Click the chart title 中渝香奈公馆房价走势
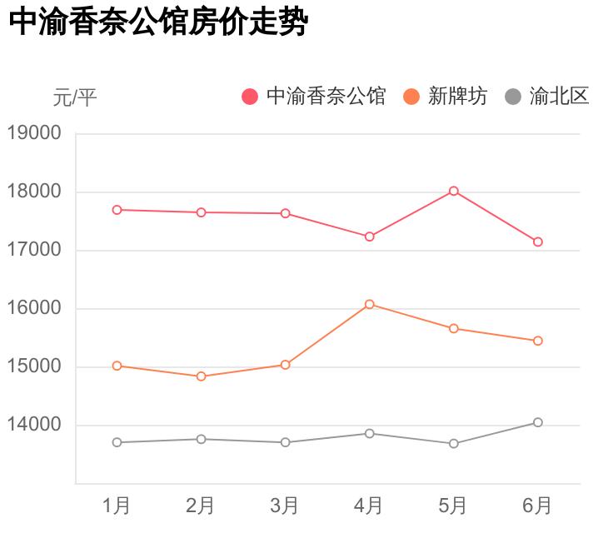click(x=158, y=23)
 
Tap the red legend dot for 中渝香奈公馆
click(x=250, y=97)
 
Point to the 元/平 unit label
click(x=75, y=98)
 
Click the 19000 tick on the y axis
click(x=34, y=133)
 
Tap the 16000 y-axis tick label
click(x=34, y=308)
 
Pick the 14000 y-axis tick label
click(x=34, y=425)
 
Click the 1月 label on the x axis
click(x=117, y=506)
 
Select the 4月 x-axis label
click(x=369, y=506)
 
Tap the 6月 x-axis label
click(x=537, y=506)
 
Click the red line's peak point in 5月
click(x=454, y=191)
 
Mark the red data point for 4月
click(x=370, y=237)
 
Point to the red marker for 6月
click(x=538, y=242)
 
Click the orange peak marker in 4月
click(x=370, y=304)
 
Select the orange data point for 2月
click(x=201, y=376)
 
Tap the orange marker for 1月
click(x=117, y=366)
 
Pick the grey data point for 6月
click(x=538, y=422)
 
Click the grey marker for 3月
click(x=285, y=442)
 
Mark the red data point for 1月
click(x=117, y=210)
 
